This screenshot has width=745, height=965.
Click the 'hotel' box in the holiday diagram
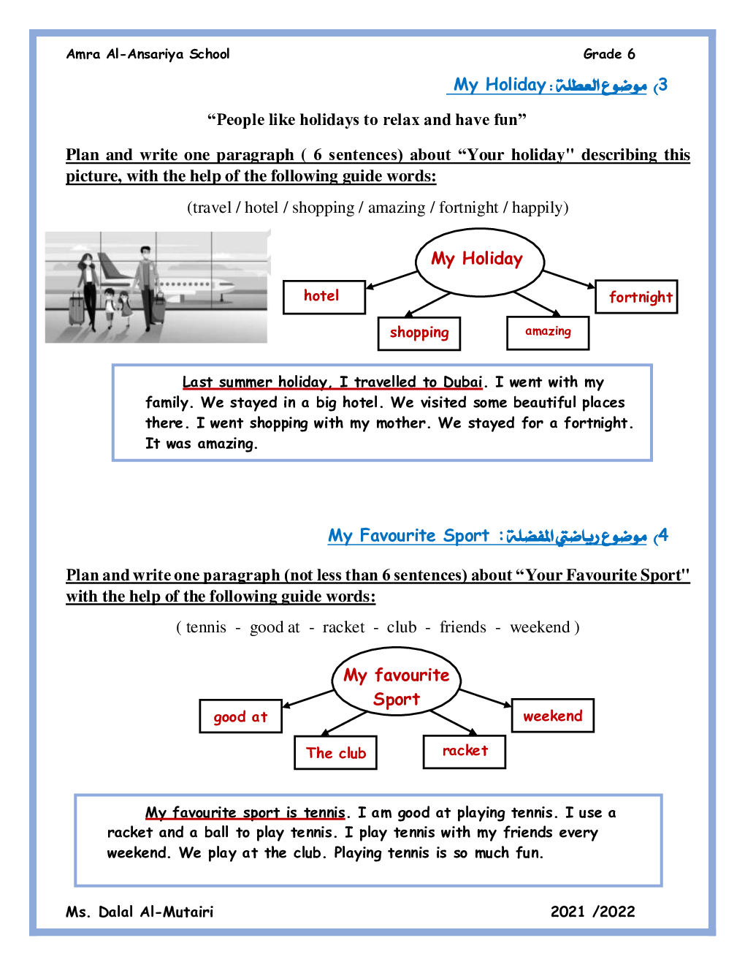(x=324, y=297)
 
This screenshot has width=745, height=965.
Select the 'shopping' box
(x=419, y=333)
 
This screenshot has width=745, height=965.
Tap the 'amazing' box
(x=548, y=333)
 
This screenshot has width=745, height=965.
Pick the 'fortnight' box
(x=637, y=297)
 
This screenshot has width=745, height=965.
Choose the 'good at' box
(x=240, y=716)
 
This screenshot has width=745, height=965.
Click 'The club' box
(x=336, y=753)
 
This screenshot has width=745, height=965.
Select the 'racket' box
(x=465, y=752)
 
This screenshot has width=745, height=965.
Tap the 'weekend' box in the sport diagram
(x=553, y=716)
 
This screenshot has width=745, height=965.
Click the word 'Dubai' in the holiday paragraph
(x=462, y=382)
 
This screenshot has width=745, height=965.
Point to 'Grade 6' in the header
(x=609, y=54)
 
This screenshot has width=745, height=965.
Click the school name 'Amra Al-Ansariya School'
(x=148, y=54)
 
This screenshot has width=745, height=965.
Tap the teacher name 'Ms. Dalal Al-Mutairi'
(x=140, y=912)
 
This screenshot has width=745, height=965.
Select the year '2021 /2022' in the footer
(x=592, y=912)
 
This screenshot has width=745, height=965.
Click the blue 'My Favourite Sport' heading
(x=408, y=536)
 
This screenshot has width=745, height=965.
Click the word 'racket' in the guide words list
(x=343, y=627)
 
